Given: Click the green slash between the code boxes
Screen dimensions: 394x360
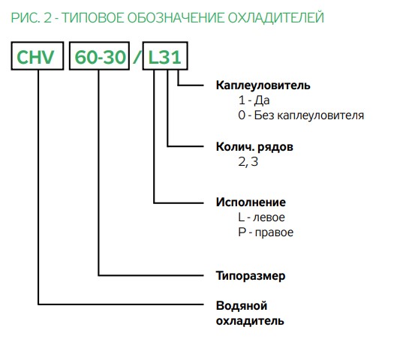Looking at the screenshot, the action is pyautogui.click(x=137, y=57).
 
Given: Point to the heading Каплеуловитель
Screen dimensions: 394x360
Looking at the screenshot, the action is pyautogui.click(x=263, y=85).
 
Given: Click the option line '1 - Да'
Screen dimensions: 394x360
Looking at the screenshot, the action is pyautogui.click(x=254, y=100).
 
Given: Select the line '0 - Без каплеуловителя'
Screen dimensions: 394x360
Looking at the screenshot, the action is pyautogui.click(x=301, y=115).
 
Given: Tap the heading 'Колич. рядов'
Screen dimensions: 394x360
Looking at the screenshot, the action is pyautogui.click(x=254, y=147).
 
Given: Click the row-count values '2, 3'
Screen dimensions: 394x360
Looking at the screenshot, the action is pyautogui.click(x=248, y=162).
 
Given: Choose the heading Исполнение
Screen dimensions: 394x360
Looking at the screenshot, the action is pyautogui.click(x=251, y=202).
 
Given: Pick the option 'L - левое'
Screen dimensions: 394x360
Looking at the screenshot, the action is pyautogui.click(x=261, y=217).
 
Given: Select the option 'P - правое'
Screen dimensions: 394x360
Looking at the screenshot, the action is pyautogui.click(x=266, y=232).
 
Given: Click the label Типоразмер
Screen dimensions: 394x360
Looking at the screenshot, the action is pyautogui.click(x=251, y=276).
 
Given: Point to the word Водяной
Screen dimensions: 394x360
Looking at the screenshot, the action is pyautogui.click(x=242, y=306).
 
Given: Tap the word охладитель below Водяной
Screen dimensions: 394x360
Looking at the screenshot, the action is pyautogui.click(x=250, y=321).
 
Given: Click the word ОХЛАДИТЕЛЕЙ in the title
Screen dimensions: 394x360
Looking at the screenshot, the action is pyautogui.click(x=276, y=18).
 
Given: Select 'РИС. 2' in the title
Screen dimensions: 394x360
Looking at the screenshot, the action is pyautogui.click(x=31, y=18).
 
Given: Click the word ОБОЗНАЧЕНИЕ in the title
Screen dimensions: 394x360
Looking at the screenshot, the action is pyautogui.click(x=176, y=18).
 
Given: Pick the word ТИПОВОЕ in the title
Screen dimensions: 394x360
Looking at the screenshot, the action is pyautogui.click(x=93, y=18).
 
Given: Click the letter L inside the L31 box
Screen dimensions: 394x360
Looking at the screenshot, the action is pyautogui.click(x=153, y=57).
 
